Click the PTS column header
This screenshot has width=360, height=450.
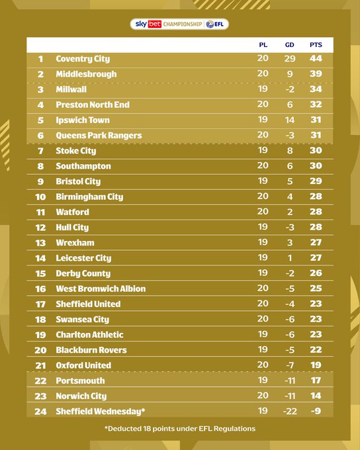tap(316, 45)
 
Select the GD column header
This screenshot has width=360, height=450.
tap(289, 45)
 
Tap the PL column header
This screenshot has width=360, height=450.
tap(263, 45)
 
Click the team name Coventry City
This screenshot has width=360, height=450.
tap(83, 59)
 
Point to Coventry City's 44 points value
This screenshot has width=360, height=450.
tap(316, 59)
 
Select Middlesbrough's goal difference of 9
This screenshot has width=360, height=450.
tap(289, 74)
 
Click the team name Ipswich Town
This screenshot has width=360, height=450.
tap(83, 120)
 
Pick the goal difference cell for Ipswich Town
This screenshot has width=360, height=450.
tap(289, 120)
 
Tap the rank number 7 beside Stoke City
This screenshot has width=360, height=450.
tap(40, 151)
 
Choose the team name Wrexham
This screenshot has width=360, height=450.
tap(75, 243)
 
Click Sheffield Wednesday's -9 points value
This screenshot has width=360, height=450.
tap(316, 411)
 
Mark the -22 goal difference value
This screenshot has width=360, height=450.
tap(289, 411)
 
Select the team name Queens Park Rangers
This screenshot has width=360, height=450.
tap(99, 136)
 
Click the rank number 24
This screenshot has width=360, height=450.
tap(40, 411)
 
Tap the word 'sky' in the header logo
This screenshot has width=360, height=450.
tap(141, 24)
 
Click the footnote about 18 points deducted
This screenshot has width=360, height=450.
tap(180, 429)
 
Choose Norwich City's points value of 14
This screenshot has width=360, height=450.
tap(316, 396)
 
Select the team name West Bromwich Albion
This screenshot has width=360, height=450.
tap(101, 289)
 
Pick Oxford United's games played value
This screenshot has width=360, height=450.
tap(263, 365)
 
